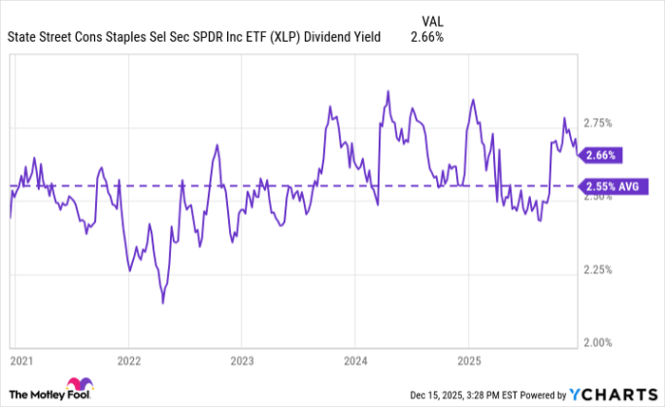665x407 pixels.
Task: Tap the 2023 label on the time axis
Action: [241, 361]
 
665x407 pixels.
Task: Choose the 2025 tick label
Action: [467, 361]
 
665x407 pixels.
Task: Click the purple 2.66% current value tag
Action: [602, 154]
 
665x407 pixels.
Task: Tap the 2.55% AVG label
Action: [614, 186]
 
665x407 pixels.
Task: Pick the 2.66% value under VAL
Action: [427, 37]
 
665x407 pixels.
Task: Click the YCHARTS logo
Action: [614, 394]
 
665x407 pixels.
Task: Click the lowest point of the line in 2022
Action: [162, 302]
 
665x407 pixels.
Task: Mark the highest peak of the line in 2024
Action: [388, 91]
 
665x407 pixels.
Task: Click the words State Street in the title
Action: [39, 37]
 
